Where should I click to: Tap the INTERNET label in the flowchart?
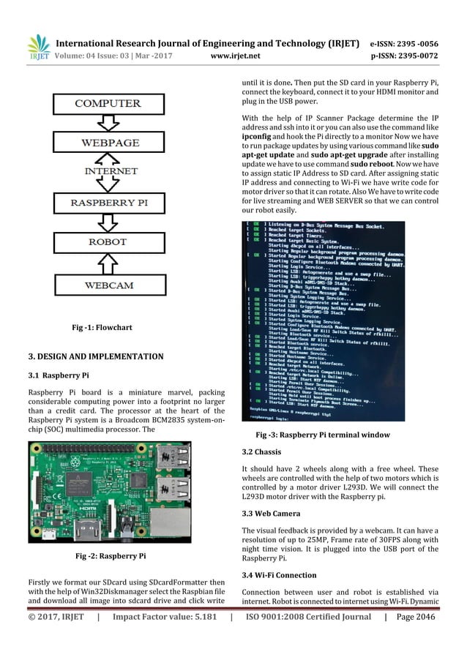(x=108, y=172)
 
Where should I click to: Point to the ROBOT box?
(x=108, y=241)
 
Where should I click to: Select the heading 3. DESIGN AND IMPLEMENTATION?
(x=96, y=356)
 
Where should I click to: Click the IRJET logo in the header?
(x=38, y=48)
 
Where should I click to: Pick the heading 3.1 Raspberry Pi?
(x=58, y=376)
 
